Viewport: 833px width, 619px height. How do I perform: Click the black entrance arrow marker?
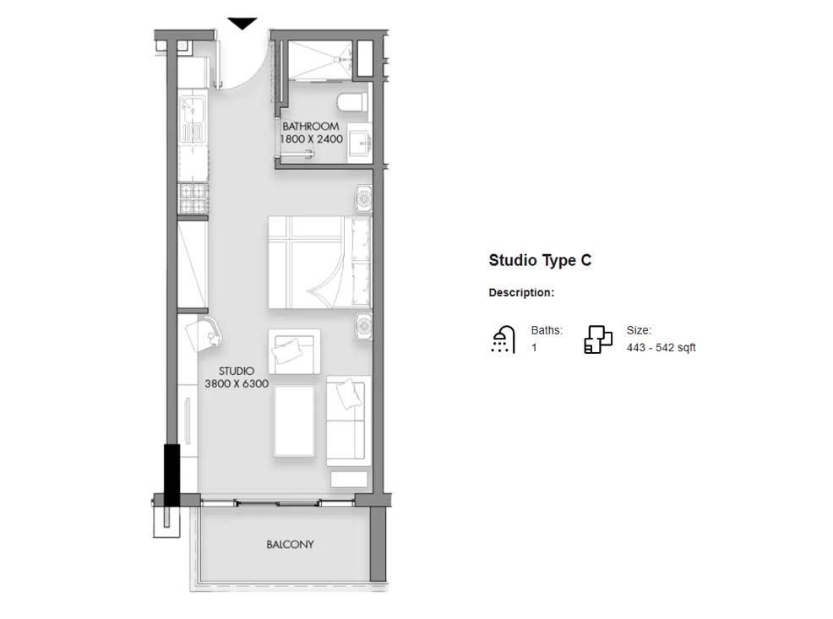[x=242, y=24]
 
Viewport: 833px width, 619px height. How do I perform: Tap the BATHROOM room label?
[x=311, y=127]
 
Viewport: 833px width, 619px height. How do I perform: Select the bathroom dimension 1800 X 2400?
[x=311, y=139]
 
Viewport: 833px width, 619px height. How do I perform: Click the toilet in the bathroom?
[x=353, y=101]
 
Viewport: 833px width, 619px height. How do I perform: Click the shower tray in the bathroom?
[x=320, y=61]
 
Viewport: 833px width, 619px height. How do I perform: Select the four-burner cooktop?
[x=193, y=198]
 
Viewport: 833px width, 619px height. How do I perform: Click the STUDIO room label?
[x=237, y=371]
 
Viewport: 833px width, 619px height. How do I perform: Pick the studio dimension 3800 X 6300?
[x=237, y=383]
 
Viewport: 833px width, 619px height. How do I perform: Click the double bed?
[x=319, y=262]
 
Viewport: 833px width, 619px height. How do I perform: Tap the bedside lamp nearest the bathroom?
[x=363, y=198]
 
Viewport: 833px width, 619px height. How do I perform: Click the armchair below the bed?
[x=294, y=351]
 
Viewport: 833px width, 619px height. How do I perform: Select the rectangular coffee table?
[x=294, y=421]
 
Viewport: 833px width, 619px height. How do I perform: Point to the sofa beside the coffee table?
[x=349, y=421]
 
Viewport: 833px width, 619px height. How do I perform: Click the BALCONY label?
[x=290, y=544]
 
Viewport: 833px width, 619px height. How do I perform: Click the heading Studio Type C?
[x=540, y=260]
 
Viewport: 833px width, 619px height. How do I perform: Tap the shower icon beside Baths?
[x=503, y=339]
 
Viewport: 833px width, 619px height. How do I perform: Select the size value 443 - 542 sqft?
[x=661, y=348]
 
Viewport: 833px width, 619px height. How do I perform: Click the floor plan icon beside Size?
[x=598, y=339]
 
